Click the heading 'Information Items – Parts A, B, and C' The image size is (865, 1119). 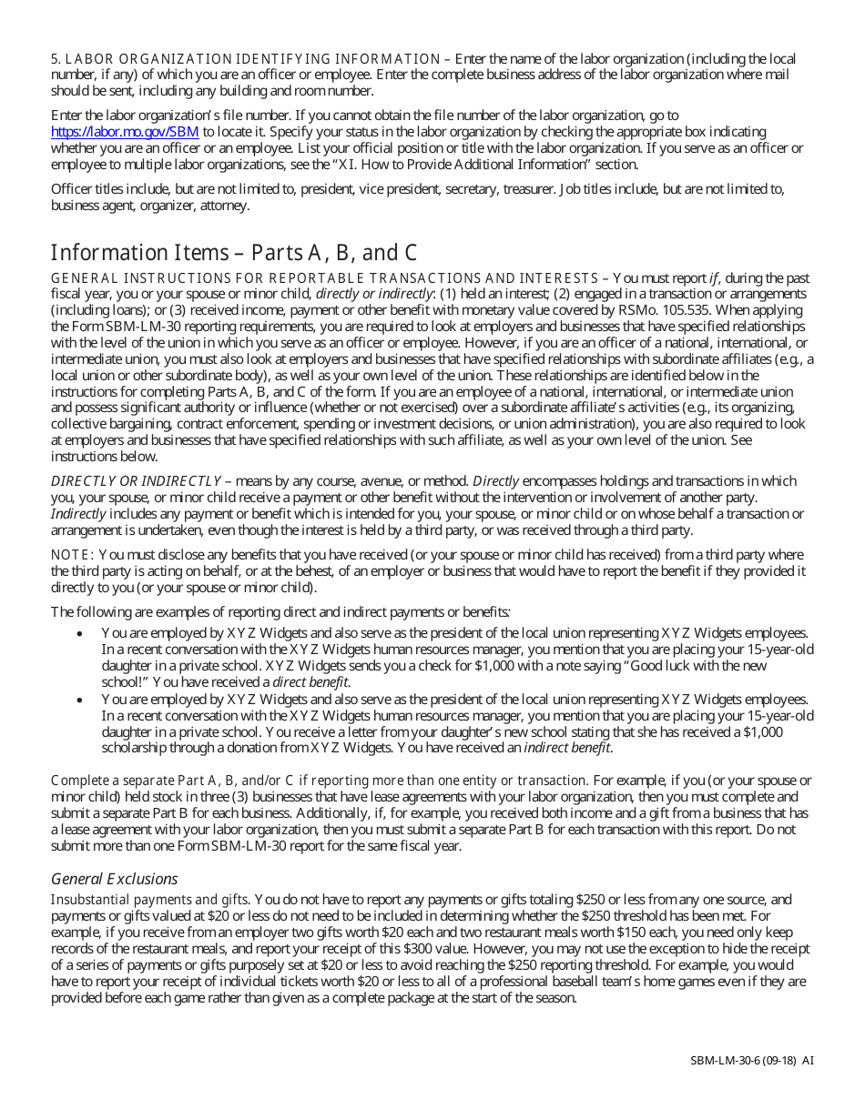coord(233,252)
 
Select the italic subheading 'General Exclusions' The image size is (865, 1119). coord(114,879)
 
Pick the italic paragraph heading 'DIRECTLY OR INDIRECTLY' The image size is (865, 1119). coord(136,481)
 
